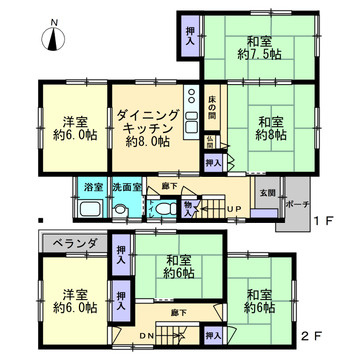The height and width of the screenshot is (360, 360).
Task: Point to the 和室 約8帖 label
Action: pyautogui.click(x=270, y=126)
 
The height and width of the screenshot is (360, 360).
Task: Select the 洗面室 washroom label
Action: pyautogui.click(x=124, y=187)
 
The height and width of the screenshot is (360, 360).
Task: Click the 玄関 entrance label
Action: pyautogui.click(x=268, y=193)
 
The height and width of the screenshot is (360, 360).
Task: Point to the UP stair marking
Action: pyautogui.click(x=232, y=208)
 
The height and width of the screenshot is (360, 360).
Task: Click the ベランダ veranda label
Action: pyautogui.click(x=73, y=243)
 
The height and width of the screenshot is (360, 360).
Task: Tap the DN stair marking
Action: pyautogui.click(x=145, y=335)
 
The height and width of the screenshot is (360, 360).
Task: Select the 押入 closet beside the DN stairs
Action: pyautogui.click(x=213, y=332)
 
